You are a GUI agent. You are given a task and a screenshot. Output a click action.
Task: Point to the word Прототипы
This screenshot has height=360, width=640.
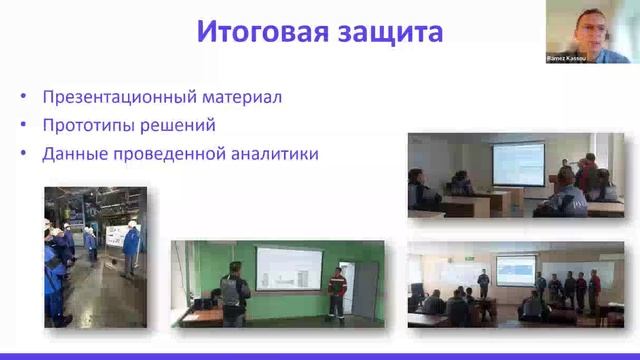(x=88, y=126)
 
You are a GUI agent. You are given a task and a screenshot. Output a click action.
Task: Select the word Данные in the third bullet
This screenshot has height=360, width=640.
(x=73, y=154)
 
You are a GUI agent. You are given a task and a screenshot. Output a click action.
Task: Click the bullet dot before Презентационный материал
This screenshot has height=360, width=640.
(x=23, y=98)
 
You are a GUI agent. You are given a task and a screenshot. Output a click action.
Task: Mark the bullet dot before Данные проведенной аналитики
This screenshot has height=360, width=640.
(x=23, y=155)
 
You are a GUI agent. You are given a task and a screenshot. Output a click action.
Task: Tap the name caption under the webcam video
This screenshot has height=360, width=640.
(x=570, y=59)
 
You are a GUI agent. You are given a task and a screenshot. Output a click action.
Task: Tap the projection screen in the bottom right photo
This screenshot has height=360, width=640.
(x=516, y=267)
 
